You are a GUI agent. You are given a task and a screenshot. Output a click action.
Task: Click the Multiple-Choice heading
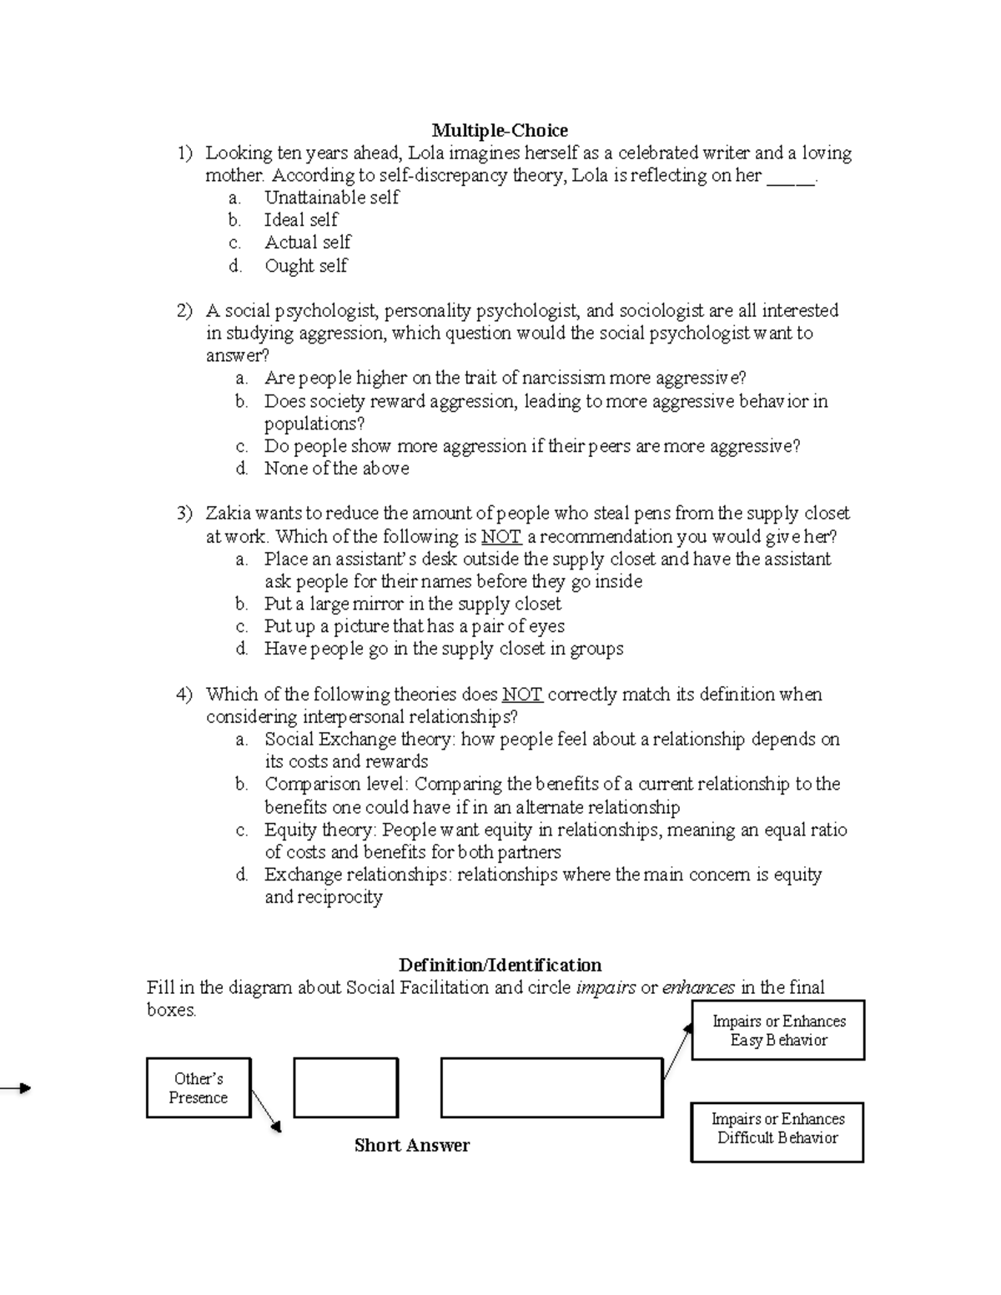pos(499,130)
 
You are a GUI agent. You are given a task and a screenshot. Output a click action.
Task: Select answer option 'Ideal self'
pos(300,220)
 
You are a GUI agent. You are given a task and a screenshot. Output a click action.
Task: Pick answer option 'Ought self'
pos(305,266)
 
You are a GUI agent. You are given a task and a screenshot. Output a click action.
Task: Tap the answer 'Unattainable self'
pos(331,198)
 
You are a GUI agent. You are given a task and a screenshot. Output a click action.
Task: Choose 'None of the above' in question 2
pos(336,469)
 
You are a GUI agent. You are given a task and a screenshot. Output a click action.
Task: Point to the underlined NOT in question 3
pos(500,537)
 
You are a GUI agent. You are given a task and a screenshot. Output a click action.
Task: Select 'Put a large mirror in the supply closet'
pos(412,604)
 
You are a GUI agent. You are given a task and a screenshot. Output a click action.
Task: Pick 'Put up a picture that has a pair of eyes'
pos(414,626)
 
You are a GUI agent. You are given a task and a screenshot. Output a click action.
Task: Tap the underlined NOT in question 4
pos(522,695)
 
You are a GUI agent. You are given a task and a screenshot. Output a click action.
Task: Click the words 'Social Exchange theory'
pos(357,740)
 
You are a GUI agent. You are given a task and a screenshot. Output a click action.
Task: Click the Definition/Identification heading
pos(500,966)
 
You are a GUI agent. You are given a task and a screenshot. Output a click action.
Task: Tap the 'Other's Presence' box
pos(199,1088)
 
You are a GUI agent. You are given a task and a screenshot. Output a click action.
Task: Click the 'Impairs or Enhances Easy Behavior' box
pos(778,1031)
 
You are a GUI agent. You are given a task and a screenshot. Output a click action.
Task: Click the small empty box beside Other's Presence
pos(345,1088)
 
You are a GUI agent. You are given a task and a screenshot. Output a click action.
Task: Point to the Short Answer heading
pos(411,1146)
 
